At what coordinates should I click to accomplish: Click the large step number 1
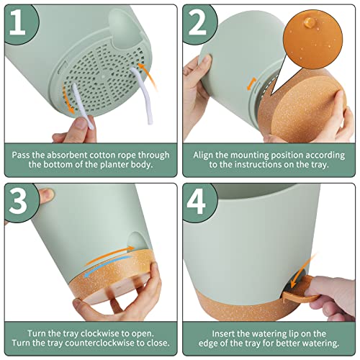click(17, 22)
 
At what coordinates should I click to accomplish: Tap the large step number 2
click(197, 22)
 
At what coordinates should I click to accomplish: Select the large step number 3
click(18, 201)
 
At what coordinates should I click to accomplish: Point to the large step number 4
click(196, 201)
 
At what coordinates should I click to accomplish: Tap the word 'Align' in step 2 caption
click(203, 156)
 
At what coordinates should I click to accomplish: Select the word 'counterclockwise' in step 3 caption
click(99, 343)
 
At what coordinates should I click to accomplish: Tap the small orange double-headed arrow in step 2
click(251, 84)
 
